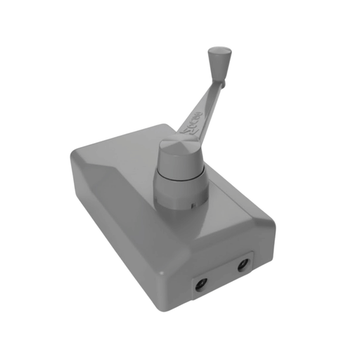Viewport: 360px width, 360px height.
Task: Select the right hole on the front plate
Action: click(x=243, y=265)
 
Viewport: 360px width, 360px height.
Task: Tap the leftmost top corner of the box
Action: click(x=75, y=151)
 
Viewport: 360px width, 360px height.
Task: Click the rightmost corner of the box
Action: click(x=273, y=224)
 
